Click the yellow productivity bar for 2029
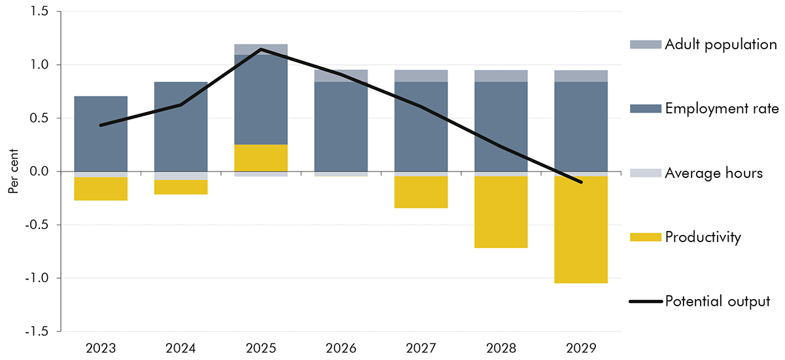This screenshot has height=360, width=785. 580,230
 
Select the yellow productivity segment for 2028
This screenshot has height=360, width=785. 500,212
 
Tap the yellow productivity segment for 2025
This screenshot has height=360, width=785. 260,158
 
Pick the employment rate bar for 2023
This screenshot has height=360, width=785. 100,134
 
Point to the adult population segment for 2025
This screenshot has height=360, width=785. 260,49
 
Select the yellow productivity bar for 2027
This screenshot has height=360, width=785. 421,192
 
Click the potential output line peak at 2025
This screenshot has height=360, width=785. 260,49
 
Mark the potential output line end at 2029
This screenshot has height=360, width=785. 580,182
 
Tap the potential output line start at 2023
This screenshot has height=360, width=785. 100,125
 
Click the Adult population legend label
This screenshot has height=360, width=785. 720,45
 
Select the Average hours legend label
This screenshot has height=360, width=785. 713,173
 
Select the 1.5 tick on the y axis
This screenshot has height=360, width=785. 42,12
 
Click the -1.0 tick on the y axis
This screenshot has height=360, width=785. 40,278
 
